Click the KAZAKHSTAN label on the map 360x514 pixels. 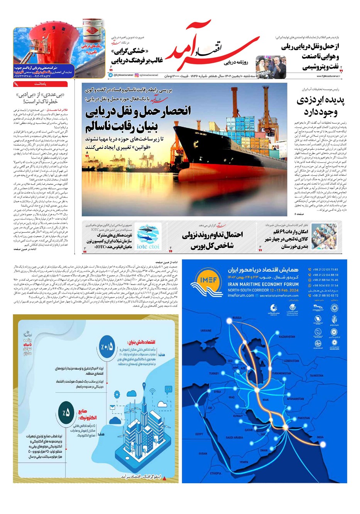[x=287, y=337]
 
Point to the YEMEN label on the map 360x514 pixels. [x=243, y=462]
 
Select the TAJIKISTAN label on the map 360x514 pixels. [x=316, y=375]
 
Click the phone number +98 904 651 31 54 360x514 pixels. [x=323, y=285]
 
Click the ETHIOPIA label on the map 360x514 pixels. [x=216, y=473]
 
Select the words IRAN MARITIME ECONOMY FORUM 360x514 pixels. [x=263, y=284]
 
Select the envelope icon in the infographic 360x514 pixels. [x=112, y=407]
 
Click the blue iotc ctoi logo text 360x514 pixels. [x=148, y=246]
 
